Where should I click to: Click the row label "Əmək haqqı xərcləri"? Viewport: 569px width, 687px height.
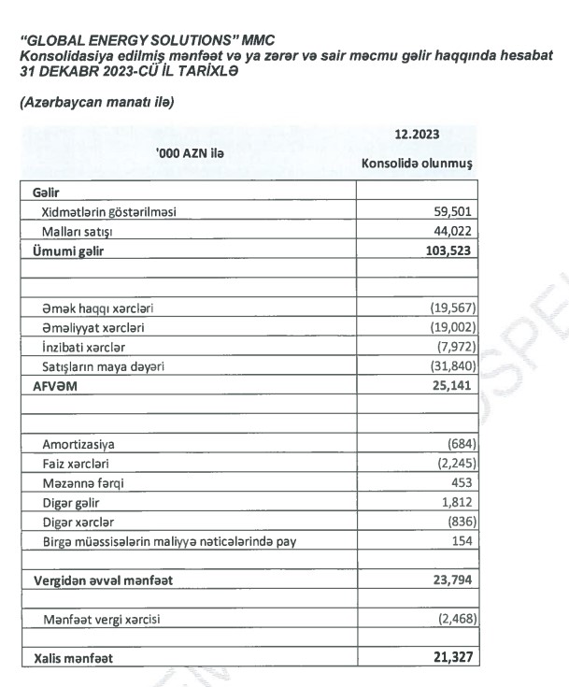pos(97,309)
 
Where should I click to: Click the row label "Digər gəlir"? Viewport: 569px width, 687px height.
pos(72,502)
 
